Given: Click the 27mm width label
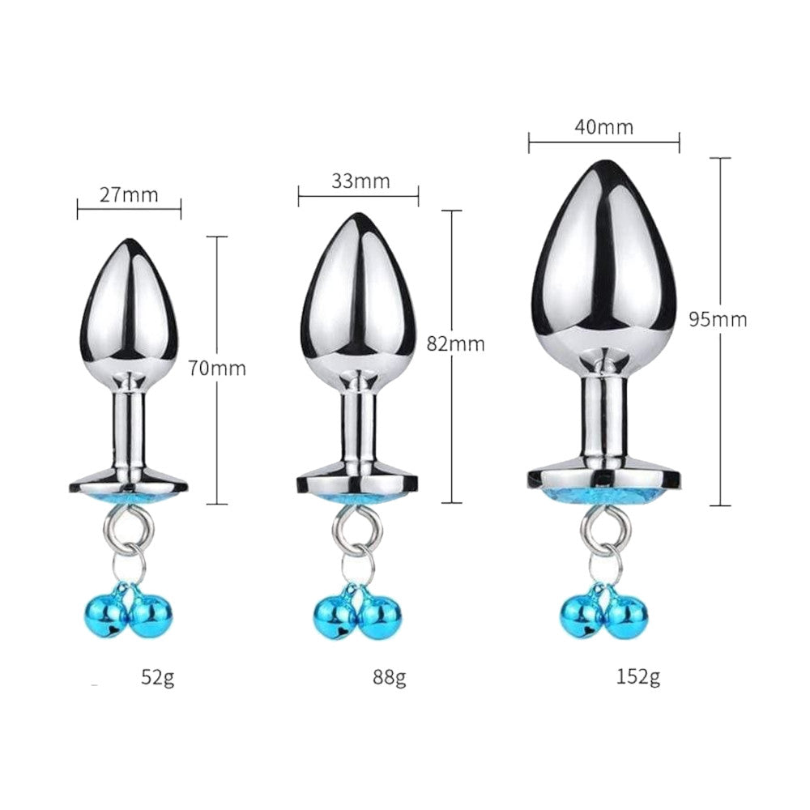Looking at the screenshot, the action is pos(129,195).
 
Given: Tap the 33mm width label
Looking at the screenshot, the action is pos(360,181).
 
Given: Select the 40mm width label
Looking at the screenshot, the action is pos(604,127).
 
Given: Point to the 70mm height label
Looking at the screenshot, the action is pos(217,369).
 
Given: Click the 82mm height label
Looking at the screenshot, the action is pos(455,343).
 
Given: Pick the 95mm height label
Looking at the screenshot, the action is pos(718,320).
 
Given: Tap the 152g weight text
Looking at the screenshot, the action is pos(638,676).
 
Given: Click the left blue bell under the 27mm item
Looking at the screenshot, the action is pos(104,615).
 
